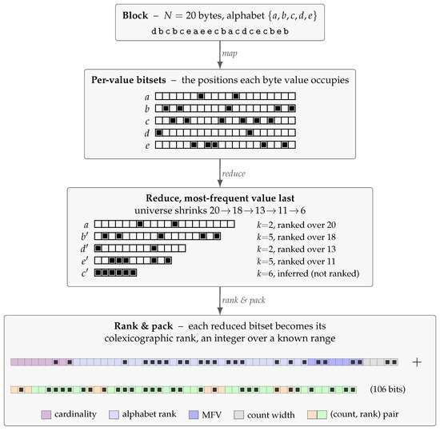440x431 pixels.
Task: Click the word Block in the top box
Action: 135,15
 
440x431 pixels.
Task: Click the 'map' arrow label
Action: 230,54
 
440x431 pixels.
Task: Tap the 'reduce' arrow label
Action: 234,174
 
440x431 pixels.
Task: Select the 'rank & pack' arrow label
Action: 243,301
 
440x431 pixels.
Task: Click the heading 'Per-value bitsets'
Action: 129,80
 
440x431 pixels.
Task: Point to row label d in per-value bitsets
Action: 146,133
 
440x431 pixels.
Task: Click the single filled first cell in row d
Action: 159,133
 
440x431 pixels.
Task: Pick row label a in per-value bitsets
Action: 146,97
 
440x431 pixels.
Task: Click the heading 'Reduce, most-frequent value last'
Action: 220,198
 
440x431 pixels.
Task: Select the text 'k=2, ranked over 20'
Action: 296,225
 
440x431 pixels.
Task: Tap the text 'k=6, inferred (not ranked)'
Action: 308,273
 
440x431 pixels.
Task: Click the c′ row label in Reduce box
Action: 85,273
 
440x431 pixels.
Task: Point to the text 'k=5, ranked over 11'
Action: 296,261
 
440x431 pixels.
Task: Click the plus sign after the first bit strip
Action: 417,362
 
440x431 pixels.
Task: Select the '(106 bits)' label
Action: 387,389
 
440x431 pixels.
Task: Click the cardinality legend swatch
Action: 46,415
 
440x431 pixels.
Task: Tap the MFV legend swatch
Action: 194,415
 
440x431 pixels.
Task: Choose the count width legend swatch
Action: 239,415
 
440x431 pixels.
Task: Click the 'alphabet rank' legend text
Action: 149,414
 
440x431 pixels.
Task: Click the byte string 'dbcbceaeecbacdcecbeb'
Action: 220,31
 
